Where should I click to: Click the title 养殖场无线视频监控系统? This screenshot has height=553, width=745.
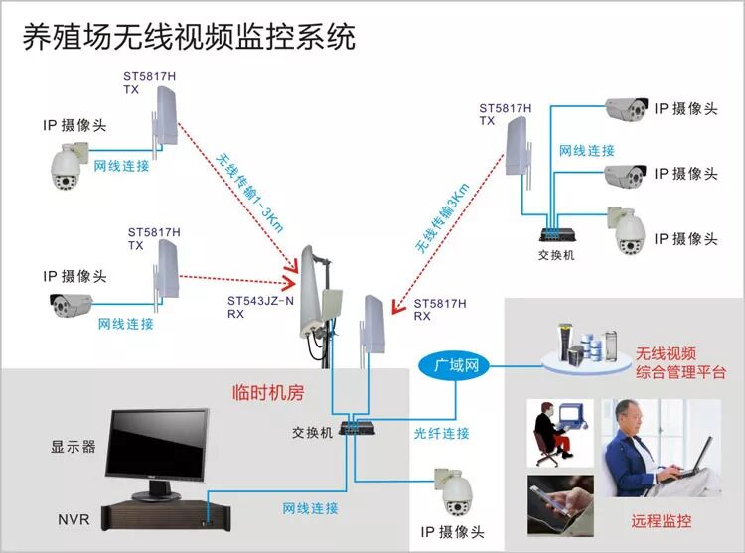pyautogui.click(x=189, y=37)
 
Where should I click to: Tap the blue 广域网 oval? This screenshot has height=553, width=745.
pyautogui.click(x=456, y=366)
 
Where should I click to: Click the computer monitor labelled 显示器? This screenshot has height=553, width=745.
pyautogui.click(x=159, y=447)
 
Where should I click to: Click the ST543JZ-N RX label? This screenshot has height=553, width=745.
pyautogui.click(x=261, y=307)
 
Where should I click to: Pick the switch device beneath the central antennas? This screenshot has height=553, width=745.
pyautogui.click(x=355, y=428)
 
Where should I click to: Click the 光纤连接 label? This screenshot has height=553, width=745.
pyautogui.click(x=442, y=434)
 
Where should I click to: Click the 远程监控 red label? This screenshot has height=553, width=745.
pyautogui.click(x=661, y=520)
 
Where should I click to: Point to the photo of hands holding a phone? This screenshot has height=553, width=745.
pyautogui.click(x=560, y=503)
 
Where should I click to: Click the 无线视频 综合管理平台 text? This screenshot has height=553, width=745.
pyautogui.click(x=680, y=363)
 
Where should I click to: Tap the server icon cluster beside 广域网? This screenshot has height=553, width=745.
pyautogui.click(x=580, y=344)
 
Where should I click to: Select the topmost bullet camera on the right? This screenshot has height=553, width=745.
pyautogui.click(x=626, y=109)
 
